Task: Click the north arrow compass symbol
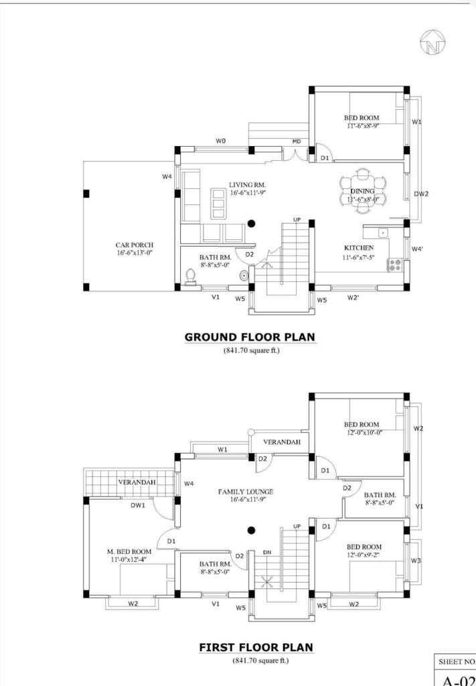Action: pos(432,43)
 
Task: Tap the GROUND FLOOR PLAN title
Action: pos(250,338)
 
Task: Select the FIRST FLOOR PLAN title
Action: pos(256,647)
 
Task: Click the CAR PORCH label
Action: pos(135,245)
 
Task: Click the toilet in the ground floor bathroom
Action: pos(190,277)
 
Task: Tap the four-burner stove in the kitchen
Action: pos(395,265)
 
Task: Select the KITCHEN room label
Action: pos(359,248)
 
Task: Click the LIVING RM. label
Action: pos(248,185)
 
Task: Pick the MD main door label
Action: pos(297,142)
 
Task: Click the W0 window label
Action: pos(221,141)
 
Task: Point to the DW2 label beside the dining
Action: pos(421,194)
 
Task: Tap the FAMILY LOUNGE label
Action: pos(246,492)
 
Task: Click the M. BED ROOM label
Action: pos(129,552)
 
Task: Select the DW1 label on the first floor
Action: pos(138,505)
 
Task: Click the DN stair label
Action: pos(267,553)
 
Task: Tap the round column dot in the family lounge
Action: pos(251,531)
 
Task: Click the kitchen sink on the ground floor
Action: pos(382,232)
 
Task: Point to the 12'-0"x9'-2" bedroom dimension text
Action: pos(364,555)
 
